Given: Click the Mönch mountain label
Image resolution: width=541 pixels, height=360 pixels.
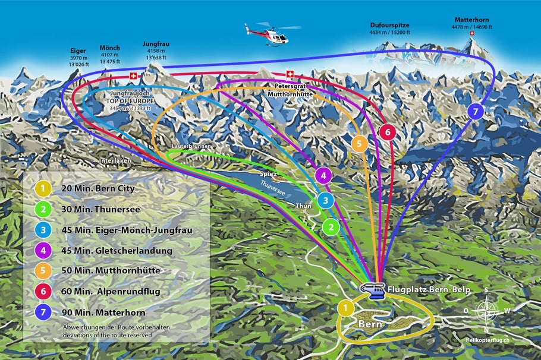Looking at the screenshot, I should click(110, 48).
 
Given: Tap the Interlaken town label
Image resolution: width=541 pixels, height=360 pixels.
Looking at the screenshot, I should click(115, 160).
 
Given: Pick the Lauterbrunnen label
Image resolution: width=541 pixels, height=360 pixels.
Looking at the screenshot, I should click(191, 146).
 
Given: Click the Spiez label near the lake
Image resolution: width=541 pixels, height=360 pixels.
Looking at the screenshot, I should click(269, 174).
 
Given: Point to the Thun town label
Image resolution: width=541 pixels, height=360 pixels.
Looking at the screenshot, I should click(303, 206).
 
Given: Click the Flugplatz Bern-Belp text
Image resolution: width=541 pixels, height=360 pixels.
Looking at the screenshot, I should click(429, 289).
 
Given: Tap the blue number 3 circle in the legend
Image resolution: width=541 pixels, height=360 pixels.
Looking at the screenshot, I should click(43, 230).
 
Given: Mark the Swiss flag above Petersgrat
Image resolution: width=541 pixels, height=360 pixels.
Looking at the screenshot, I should click(290, 74).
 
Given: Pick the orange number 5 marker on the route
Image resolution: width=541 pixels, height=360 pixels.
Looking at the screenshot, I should click(359, 143).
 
